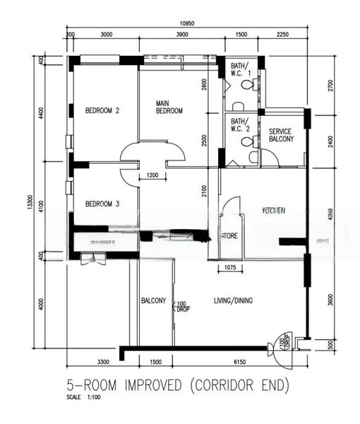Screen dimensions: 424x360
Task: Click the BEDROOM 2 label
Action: [102, 110]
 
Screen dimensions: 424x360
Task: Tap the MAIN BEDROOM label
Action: [169, 107]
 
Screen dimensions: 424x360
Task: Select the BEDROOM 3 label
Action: [102, 204]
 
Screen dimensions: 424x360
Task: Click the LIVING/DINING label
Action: [233, 300]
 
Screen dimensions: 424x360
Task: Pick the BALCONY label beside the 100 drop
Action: [153, 300]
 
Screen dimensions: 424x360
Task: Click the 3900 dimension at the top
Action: [181, 35]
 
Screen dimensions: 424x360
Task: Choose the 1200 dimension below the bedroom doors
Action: [152, 175]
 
